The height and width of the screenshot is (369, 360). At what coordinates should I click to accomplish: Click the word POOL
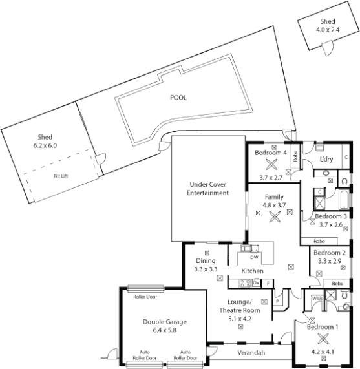[178, 98]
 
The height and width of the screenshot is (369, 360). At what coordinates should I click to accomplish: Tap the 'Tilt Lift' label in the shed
[61, 175]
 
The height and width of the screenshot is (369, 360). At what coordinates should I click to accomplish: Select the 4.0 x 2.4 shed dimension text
[327, 30]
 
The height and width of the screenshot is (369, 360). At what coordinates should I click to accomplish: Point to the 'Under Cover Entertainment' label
[207, 188]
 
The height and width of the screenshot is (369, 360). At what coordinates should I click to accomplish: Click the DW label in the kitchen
[254, 257]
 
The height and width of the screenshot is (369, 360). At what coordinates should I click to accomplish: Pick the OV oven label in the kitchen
[256, 283]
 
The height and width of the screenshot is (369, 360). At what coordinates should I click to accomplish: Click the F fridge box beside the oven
[268, 283]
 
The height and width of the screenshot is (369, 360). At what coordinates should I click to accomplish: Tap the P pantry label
[279, 300]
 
